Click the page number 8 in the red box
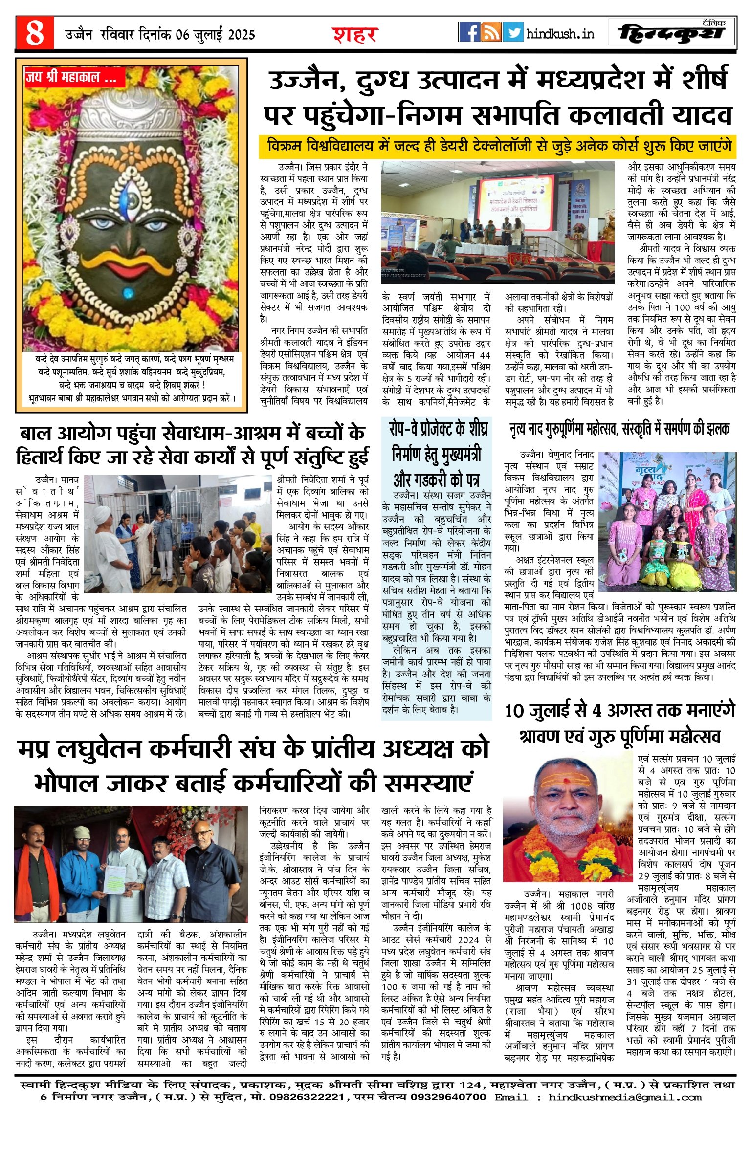pos(34,33)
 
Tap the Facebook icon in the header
pos(469,32)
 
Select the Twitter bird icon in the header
pos(513,32)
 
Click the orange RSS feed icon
pos(491,32)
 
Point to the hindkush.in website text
pos(560,34)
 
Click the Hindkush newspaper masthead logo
pos(672,32)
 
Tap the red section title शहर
pos(355,35)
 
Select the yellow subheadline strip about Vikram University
pos(498,147)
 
